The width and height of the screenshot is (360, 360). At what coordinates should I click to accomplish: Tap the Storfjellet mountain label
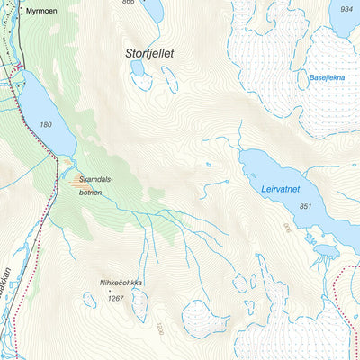coord(148,54)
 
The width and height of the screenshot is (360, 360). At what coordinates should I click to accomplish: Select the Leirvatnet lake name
coord(279,191)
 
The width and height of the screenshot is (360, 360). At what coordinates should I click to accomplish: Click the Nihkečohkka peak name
coord(121,283)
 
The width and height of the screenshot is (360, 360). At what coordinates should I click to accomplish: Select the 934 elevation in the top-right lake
coord(342,8)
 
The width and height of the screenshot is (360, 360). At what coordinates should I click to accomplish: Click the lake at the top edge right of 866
coord(152,10)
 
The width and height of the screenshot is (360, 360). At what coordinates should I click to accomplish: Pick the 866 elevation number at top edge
coord(128,3)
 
